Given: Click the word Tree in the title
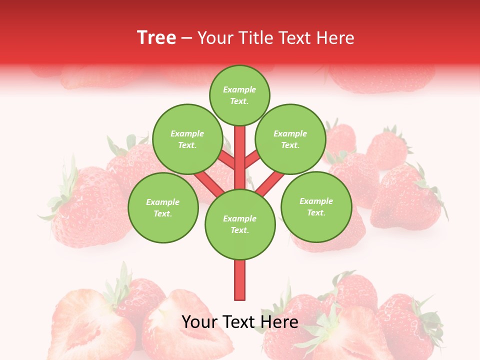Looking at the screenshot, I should (156, 37).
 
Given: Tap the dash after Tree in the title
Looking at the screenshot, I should (186, 38).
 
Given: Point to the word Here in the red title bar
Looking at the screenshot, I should (334, 38).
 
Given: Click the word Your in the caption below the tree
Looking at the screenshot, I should (199, 322).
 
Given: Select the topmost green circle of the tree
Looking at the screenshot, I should (239, 95).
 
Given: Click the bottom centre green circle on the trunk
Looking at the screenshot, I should (240, 224).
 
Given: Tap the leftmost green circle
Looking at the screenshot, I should (163, 207).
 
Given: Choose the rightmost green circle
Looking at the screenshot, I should (316, 206).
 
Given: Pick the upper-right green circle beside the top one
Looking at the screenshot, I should (290, 139).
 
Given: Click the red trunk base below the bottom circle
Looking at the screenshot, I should (240, 280).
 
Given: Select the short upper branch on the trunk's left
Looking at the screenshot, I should (226, 160).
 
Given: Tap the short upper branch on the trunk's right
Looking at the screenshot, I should (252, 160).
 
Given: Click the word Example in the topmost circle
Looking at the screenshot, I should (239, 90).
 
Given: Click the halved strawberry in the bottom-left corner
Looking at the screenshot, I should (90, 325).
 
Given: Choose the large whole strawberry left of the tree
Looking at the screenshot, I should (85, 205).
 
